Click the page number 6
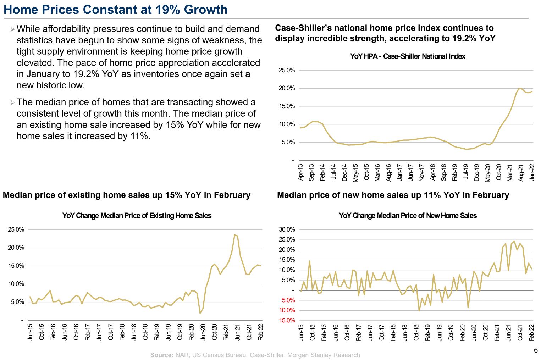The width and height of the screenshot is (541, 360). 536,350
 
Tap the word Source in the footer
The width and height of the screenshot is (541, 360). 161,355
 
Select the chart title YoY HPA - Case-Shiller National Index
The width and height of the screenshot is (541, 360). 408,56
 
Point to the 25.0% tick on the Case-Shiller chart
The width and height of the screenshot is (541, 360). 287,70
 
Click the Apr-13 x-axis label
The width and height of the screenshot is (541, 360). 301,172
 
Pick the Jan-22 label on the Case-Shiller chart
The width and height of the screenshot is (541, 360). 532,172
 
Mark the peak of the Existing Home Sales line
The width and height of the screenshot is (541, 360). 235,234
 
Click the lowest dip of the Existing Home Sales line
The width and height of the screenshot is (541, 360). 200,313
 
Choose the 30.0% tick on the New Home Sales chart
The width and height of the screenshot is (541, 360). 287,229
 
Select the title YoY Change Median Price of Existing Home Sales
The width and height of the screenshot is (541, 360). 137,216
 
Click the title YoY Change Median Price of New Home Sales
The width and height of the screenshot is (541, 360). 408,216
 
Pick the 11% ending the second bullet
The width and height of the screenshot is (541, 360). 140,136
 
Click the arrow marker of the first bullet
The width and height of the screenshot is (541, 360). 12,29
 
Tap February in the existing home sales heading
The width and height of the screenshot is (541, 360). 232,195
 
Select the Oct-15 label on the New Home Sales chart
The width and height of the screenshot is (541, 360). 313,332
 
